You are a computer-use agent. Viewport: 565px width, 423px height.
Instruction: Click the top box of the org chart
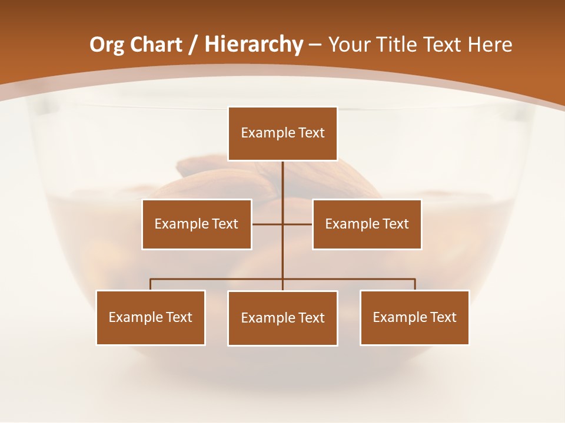(282, 133)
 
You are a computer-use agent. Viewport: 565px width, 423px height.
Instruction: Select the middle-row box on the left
(197, 224)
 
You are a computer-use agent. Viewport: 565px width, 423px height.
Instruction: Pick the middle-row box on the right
(367, 224)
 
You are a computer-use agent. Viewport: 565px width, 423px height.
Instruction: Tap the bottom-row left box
(151, 317)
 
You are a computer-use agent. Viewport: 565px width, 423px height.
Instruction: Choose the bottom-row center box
(282, 318)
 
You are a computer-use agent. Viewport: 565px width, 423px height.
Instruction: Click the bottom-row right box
(414, 317)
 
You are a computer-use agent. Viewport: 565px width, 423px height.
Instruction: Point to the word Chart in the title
(156, 45)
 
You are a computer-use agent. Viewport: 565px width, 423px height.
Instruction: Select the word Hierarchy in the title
(254, 45)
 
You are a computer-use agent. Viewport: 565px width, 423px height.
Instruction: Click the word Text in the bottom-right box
(443, 317)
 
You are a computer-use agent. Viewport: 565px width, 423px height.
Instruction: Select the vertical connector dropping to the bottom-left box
(151, 285)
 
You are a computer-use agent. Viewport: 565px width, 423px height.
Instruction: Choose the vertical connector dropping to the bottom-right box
(415, 285)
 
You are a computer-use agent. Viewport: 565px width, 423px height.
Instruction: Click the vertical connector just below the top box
(282, 176)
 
